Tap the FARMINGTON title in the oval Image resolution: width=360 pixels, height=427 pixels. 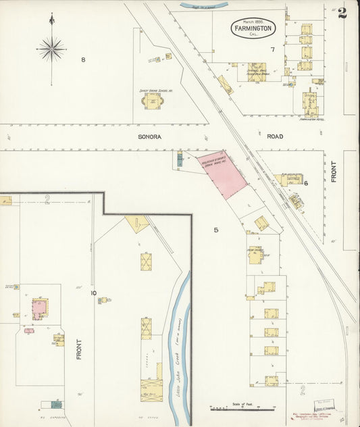[253, 29]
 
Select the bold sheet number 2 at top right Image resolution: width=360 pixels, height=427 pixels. [342, 13]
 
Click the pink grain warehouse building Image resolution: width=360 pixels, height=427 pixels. [224, 173]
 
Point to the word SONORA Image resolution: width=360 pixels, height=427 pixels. [151, 136]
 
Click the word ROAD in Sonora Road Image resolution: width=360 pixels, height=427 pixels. [274, 136]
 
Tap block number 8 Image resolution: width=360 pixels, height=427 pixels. [83, 60]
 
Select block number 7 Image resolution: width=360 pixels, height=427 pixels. [273, 50]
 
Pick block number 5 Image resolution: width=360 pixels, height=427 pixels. [216, 230]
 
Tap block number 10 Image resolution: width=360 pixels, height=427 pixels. [94, 293]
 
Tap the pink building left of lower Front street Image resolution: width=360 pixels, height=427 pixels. [39, 309]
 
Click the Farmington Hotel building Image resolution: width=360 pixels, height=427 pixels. [310, 103]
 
